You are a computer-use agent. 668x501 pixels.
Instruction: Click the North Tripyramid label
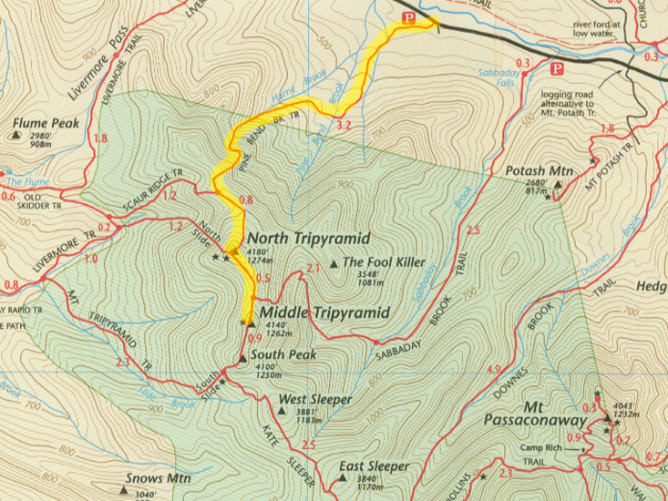pyautogui.click(x=308, y=238)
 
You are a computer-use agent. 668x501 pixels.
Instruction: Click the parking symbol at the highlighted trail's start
pyautogui.click(x=408, y=18)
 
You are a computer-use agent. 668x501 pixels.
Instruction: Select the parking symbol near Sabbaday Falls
pyautogui.click(x=557, y=67)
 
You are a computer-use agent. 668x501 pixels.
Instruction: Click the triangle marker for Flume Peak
pyautogui.click(x=15, y=137)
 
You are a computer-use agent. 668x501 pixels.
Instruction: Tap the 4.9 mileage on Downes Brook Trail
pyautogui.click(x=495, y=369)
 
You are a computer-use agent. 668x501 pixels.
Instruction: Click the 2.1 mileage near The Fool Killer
pyautogui.click(x=313, y=268)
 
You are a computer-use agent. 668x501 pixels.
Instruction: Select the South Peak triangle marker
pyautogui.click(x=242, y=359)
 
